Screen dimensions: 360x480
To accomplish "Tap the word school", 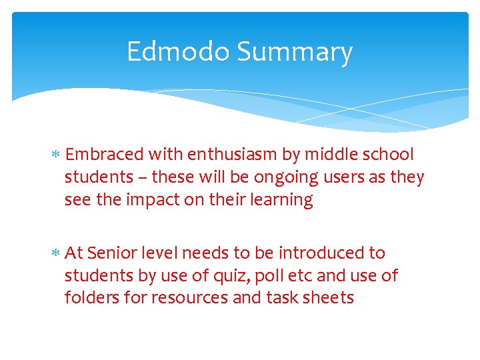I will pyautogui.click(x=389, y=155).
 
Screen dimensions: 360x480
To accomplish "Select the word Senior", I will pyautogui.click(x=110, y=253).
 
